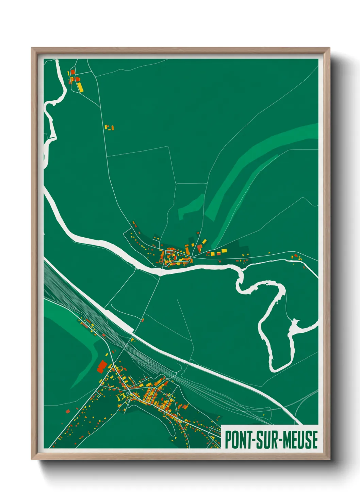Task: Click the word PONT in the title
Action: pos(238,440)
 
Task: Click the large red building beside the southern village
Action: pos(102,367)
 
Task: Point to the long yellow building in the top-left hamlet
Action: pos(80,86)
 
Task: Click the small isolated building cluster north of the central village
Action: pos(109,128)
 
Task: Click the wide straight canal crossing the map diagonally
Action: pos(204,364)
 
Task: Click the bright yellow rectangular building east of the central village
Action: pos(224,251)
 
